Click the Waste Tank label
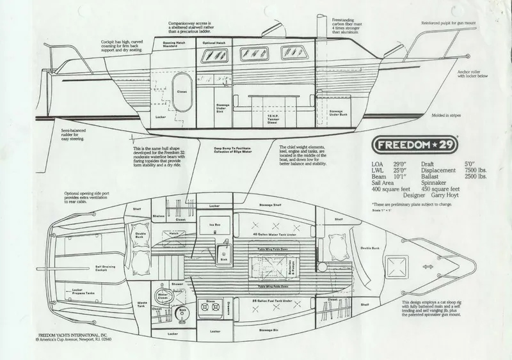142,304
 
